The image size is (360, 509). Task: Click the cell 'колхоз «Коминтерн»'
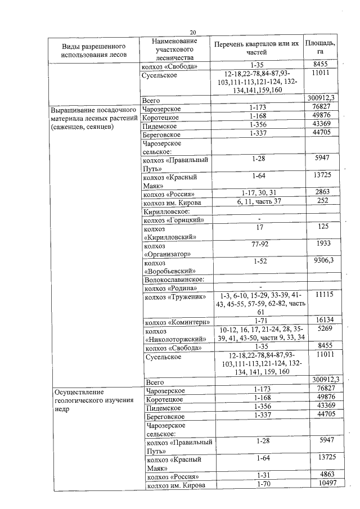(x=177, y=322)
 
